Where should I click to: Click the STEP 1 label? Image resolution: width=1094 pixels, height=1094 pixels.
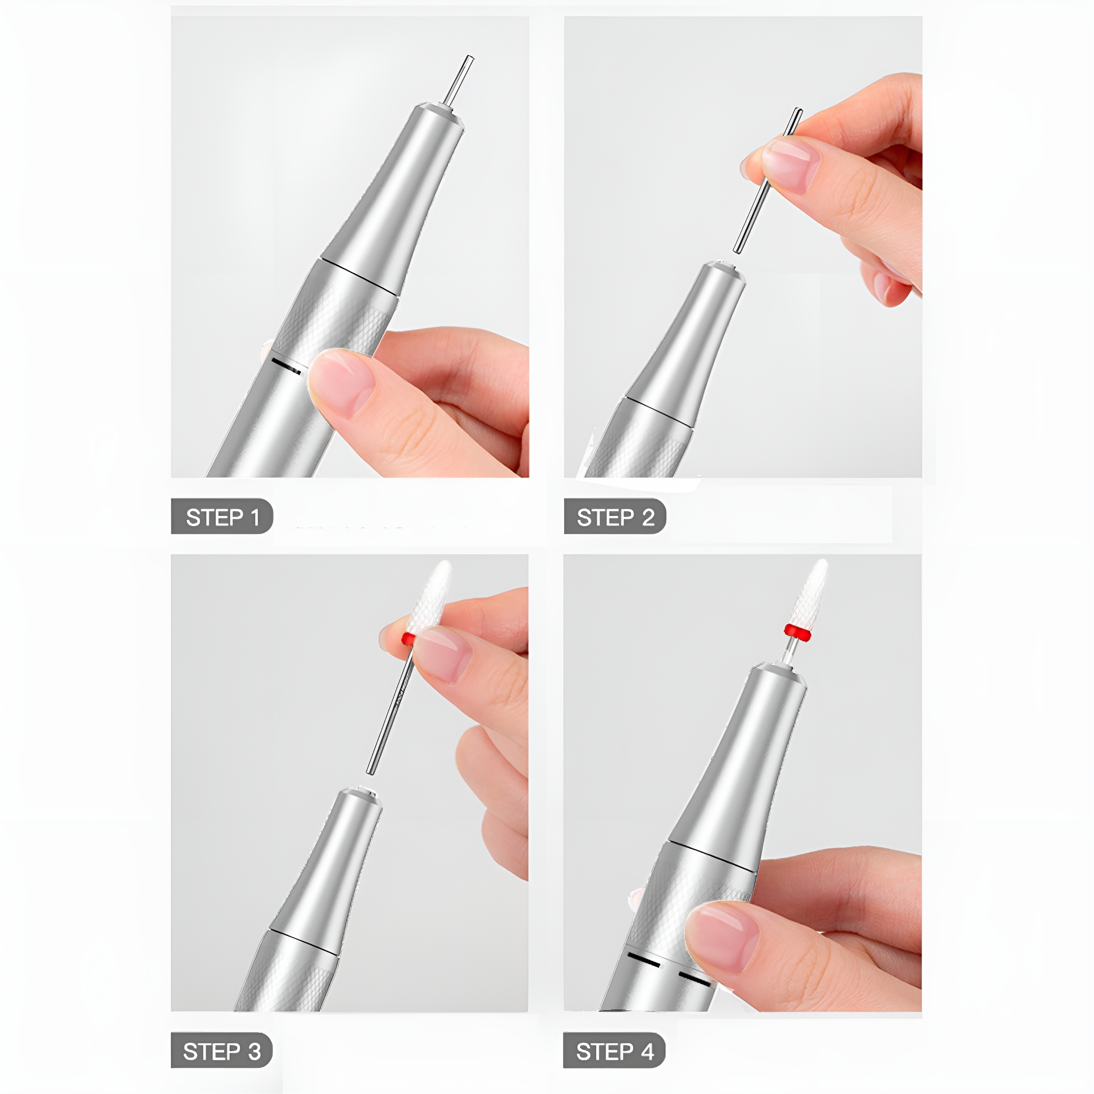[222, 516]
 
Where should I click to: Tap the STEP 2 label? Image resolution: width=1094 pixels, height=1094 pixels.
[615, 516]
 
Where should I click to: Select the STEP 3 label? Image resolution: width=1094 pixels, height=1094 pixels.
[221, 1051]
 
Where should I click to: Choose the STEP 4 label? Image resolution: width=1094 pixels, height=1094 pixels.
[614, 1051]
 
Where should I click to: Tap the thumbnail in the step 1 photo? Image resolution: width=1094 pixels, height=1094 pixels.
[341, 382]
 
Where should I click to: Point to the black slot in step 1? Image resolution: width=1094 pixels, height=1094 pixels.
[286, 366]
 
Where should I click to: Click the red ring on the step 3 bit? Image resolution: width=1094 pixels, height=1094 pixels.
[408, 639]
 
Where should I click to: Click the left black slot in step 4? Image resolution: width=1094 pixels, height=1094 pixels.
[644, 959]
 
